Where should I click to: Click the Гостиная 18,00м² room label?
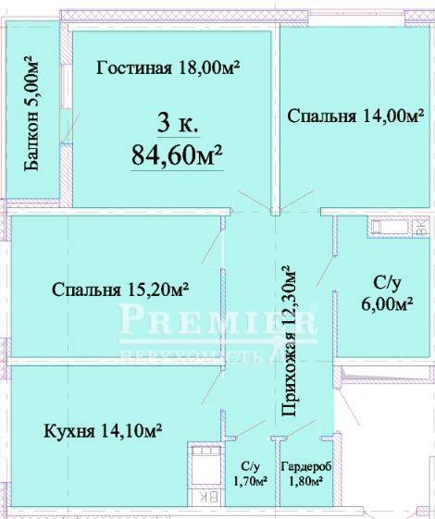tap(168, 68)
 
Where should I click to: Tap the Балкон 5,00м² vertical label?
tap(32, 114)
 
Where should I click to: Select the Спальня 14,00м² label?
tap(355, 117)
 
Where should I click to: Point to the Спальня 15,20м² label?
tap(120, 290)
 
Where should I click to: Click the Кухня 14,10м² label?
tap(103, 430)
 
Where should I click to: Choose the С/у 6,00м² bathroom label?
tap(387, 294)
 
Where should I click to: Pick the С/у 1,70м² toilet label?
tap(250, 474)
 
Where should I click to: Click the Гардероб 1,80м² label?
tap(306, 474)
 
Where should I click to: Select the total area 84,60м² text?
tap(177, 155)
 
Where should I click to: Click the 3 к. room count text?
tap(178, 123)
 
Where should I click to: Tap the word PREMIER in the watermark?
tap(217, 320)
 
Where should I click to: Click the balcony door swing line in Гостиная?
tap(70, 128)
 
